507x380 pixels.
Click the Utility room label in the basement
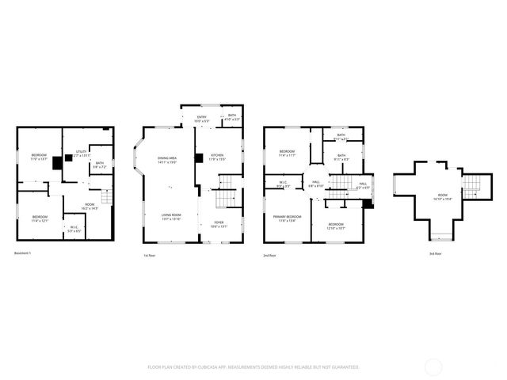(81, 153)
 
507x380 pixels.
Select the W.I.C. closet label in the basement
(74, 230)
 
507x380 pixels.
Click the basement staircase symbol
(107, 195)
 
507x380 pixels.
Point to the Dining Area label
(167, 160)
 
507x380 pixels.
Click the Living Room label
(171, 216)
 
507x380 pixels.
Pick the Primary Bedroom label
(288, 218)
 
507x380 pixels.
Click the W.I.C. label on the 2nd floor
(283, 184)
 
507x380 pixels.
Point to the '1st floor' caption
(149, 256)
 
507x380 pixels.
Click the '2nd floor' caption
(270, 256)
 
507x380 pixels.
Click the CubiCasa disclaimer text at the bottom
(253, 367)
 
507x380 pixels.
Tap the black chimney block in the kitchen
(199, 158)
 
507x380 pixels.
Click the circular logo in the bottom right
(434, 367)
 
